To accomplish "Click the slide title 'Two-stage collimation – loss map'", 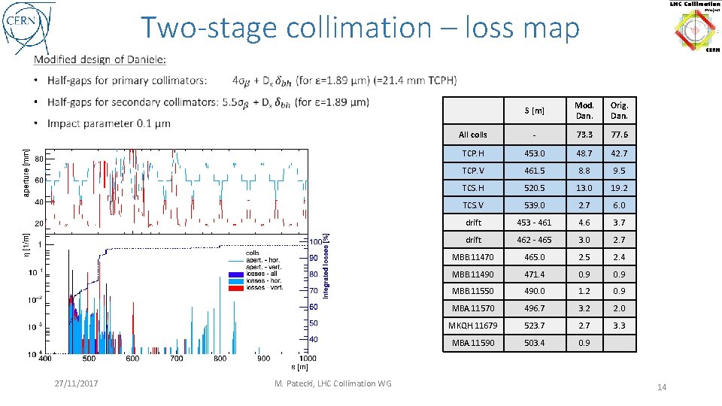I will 360,28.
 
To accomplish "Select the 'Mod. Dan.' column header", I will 584,111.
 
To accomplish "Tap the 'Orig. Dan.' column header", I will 619,111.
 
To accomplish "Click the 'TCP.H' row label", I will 474,153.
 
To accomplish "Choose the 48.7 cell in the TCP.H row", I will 584,153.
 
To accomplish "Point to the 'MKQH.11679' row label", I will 474,326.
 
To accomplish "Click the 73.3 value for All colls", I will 584,135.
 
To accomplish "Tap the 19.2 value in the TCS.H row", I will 619,188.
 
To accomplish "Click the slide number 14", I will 662,387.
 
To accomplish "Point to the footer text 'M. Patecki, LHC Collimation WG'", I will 332,383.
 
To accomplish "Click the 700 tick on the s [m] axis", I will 176,359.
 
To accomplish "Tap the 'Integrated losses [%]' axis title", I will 326,264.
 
